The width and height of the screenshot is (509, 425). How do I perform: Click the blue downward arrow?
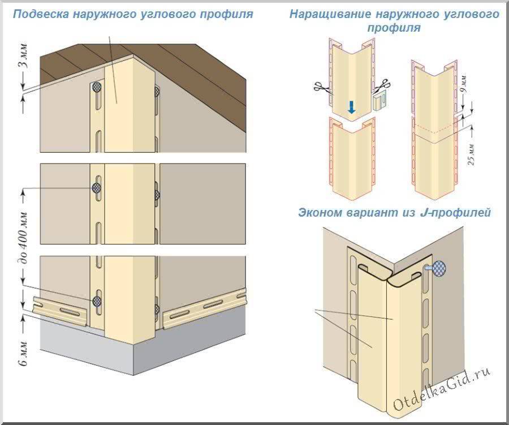tap(351, 106)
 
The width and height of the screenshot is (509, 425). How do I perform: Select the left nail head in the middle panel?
tap(97, 186)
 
